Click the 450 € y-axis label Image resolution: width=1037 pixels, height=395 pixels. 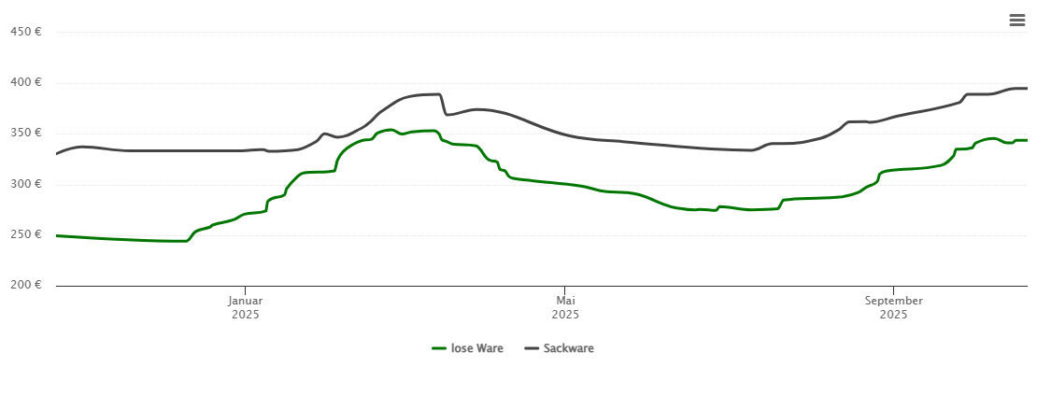(25, 32)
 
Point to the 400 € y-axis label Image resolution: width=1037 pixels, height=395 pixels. (25, 82)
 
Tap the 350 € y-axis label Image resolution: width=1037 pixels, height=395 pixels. (25, 133)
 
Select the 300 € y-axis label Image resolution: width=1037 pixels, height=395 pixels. (25, 184)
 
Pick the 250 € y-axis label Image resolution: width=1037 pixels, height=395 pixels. (25, 234)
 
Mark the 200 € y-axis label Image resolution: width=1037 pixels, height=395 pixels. (25, 285)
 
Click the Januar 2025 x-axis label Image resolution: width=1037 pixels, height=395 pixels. (246, 307)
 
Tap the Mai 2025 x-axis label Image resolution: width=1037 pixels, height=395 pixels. (565, 307)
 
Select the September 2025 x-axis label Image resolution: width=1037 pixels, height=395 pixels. (893, 307)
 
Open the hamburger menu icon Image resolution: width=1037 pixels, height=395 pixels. (1017, 21)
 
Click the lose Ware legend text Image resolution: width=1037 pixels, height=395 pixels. (476, 348)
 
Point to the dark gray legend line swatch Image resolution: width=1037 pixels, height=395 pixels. (532, 348)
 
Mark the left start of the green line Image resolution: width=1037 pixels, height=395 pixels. (57, 235)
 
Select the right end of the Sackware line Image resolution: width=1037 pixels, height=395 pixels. (1027, 89)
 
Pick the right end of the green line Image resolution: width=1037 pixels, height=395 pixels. (1027, 140)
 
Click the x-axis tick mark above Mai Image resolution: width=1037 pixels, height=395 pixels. (565, 289)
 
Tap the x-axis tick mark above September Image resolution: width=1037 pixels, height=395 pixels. (893, 289)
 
